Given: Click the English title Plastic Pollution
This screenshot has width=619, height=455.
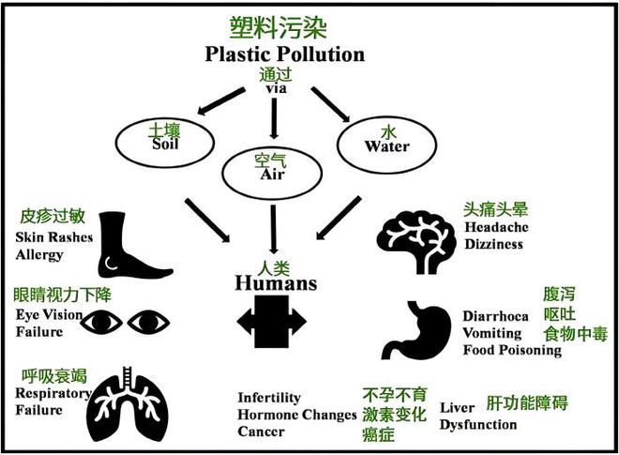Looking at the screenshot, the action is pyautogui.click(x=284, y=54).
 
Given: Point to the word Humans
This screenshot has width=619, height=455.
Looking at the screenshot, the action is pyautogui.click(x=276, y=283).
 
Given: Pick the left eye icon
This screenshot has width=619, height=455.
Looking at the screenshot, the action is pyautogui.click(x=101, y=323).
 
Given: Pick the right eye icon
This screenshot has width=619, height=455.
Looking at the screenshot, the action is pyautogui.click(x=148, y=323).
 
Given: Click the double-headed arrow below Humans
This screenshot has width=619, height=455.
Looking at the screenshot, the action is pyautogui.click(x=272, y=322).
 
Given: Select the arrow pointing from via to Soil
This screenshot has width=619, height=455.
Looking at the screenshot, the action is pyautogui.click(x=221, y=101).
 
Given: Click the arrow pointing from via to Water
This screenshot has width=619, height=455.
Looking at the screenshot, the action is pyautogui.click(x=330, y=104).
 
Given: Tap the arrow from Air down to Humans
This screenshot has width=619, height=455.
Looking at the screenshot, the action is pyautogui.click(x=273, y=229).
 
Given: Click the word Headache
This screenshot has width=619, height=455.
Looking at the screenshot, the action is pyautogui.click(x=496, y=227).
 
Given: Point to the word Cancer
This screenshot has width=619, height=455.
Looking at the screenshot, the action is pyautogui.click(x=261, y=432).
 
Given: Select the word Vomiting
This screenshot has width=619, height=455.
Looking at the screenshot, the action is pyautogui.click(x=491, y=333).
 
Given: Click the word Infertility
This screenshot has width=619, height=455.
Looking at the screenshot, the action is pyautogui.click(x=269, y=398).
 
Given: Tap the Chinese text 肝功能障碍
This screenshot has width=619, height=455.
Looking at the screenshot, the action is pyautogui.click(x=527, y=402).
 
